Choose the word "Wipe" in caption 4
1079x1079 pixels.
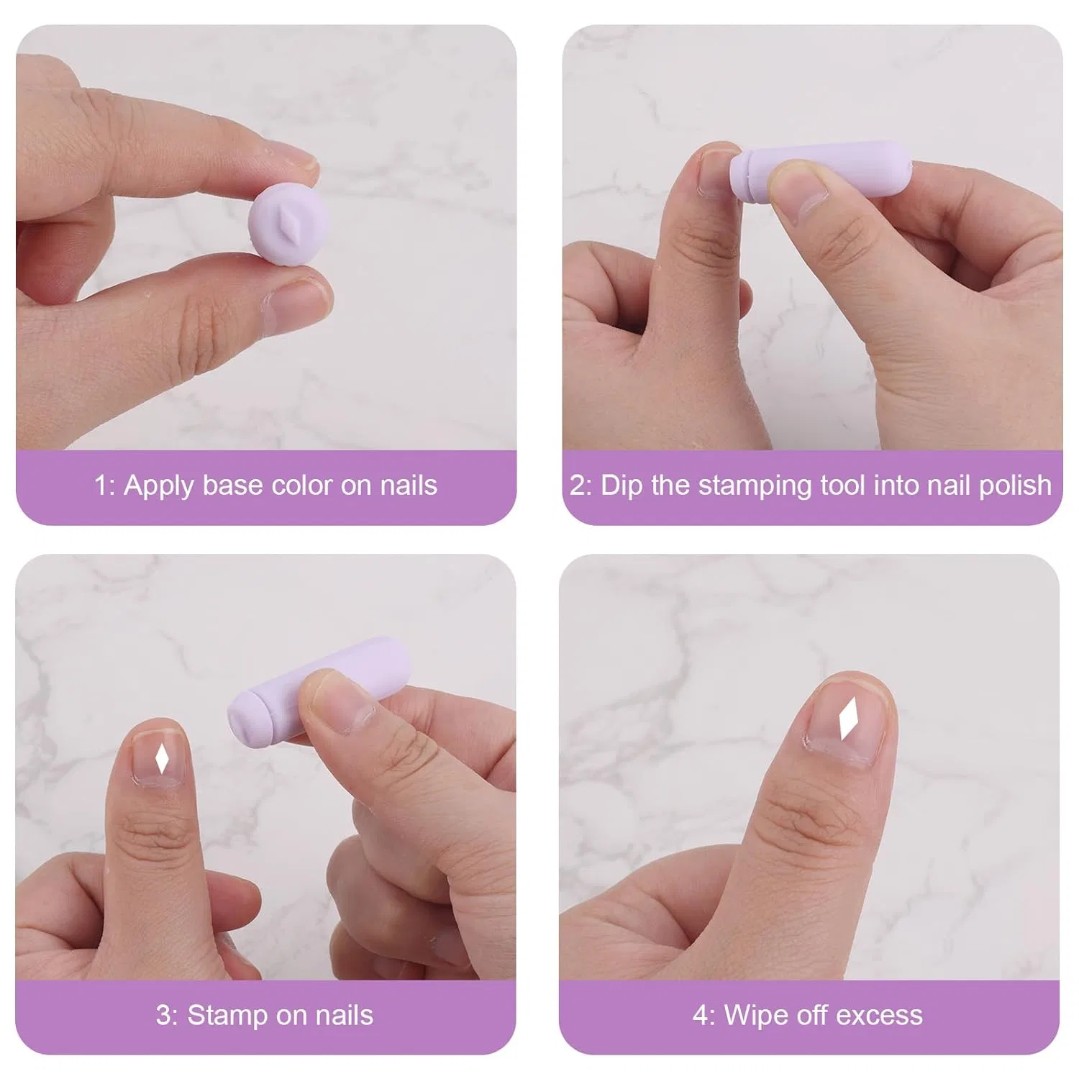coord(755,1016)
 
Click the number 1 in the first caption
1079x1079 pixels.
coord(100,486)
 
